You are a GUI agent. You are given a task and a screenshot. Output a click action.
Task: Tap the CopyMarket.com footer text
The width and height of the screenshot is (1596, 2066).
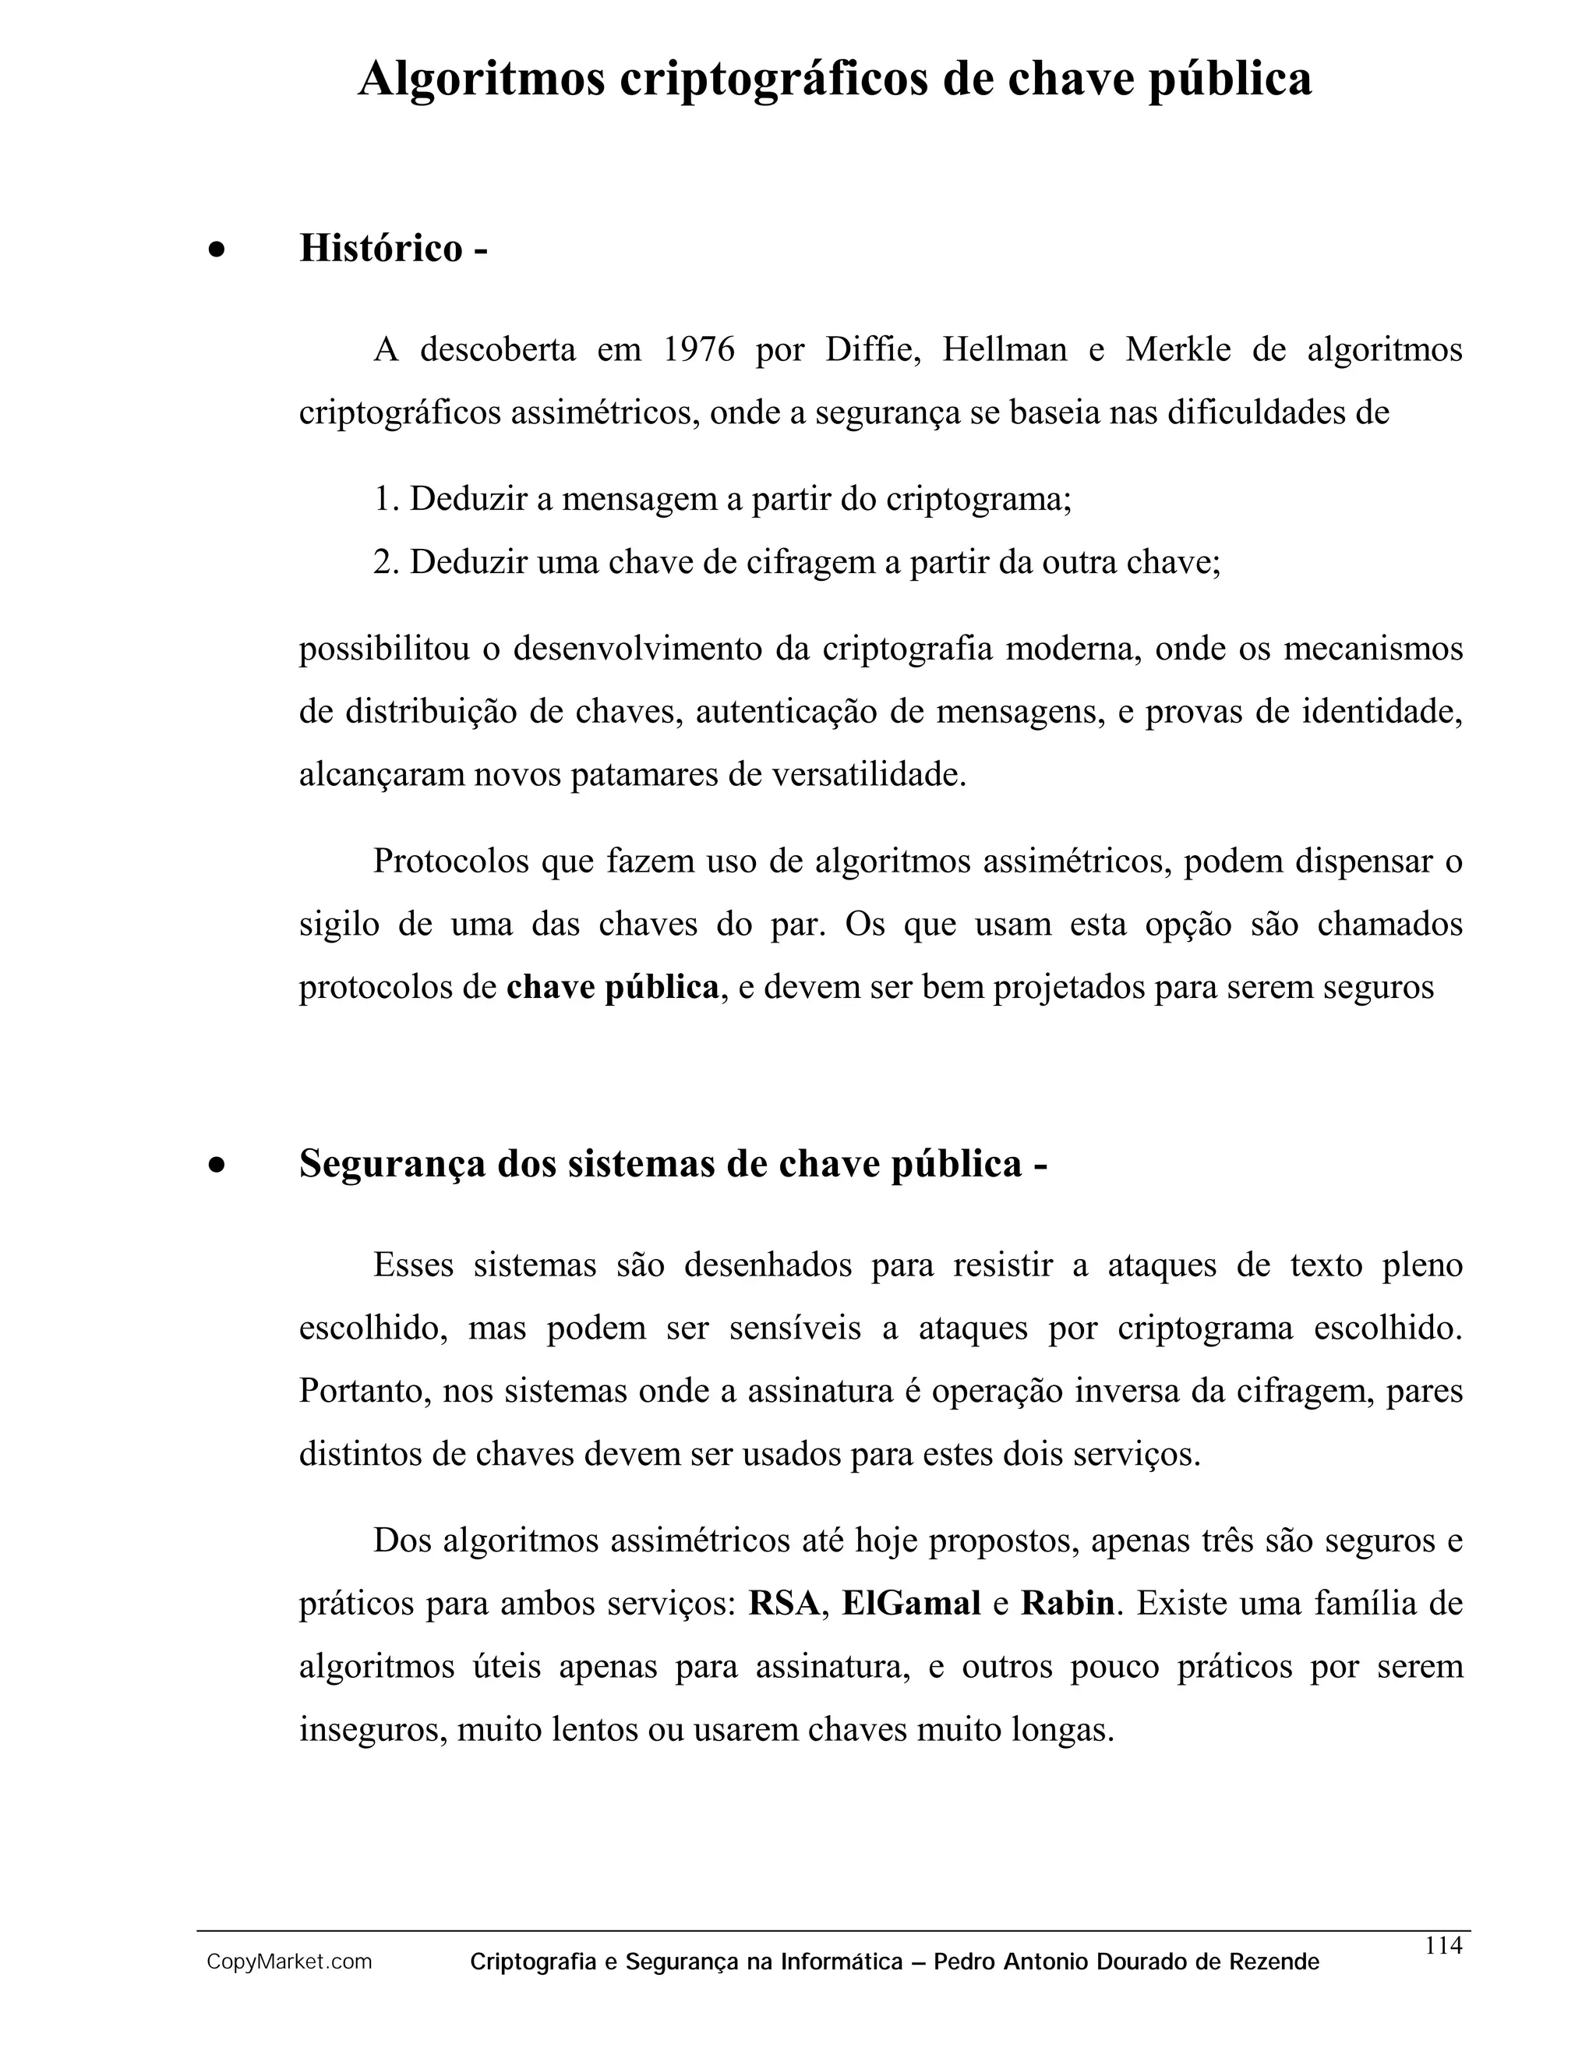point(289,1962)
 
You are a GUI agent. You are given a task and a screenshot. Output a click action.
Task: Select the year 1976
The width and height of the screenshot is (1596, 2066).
point(699,350)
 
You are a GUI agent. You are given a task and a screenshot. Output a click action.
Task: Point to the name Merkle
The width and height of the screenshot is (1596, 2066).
point(1178,350)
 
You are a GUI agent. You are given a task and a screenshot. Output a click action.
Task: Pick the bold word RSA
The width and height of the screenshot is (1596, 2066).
point(784,1604)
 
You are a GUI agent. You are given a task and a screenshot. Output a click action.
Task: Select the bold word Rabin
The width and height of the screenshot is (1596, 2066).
point(1068,1604)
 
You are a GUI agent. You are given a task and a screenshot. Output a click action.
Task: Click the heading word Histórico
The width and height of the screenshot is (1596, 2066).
point(381,249)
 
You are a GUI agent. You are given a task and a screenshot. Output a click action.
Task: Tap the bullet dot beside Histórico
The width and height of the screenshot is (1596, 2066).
point(217,252)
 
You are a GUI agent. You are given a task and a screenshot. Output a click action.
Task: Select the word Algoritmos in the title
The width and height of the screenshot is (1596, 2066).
point(482,79)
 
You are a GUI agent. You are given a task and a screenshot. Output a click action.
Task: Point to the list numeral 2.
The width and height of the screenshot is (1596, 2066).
point(382,563)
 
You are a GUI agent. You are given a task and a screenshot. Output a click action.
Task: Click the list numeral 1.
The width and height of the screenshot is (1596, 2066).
point(382,500)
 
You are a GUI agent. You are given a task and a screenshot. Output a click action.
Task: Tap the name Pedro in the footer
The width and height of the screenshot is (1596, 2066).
point(965,1962)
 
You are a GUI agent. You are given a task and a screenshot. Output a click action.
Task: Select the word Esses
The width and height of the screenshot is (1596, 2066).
point(413,1265)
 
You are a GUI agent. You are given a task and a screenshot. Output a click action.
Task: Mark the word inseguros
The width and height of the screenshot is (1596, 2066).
point(373,1730)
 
